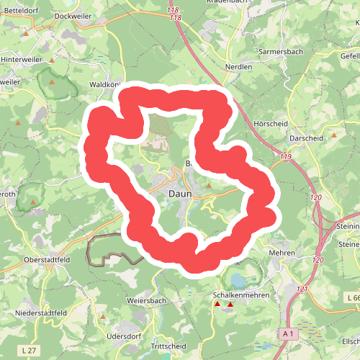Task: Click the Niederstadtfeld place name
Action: (41, 313)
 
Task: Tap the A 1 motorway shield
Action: (288, 333)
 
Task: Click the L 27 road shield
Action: (28, 349)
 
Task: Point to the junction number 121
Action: (302, 289)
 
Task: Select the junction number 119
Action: (287, 156)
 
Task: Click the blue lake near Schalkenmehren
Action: (237, 279)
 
